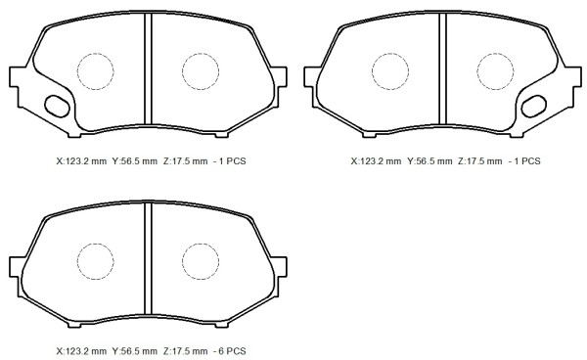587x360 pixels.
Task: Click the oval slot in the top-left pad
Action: [57, 107]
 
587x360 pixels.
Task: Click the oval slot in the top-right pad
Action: [534, 107]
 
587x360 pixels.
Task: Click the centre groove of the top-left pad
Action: [149, 68]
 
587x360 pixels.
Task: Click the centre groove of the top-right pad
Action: [443, 68]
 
